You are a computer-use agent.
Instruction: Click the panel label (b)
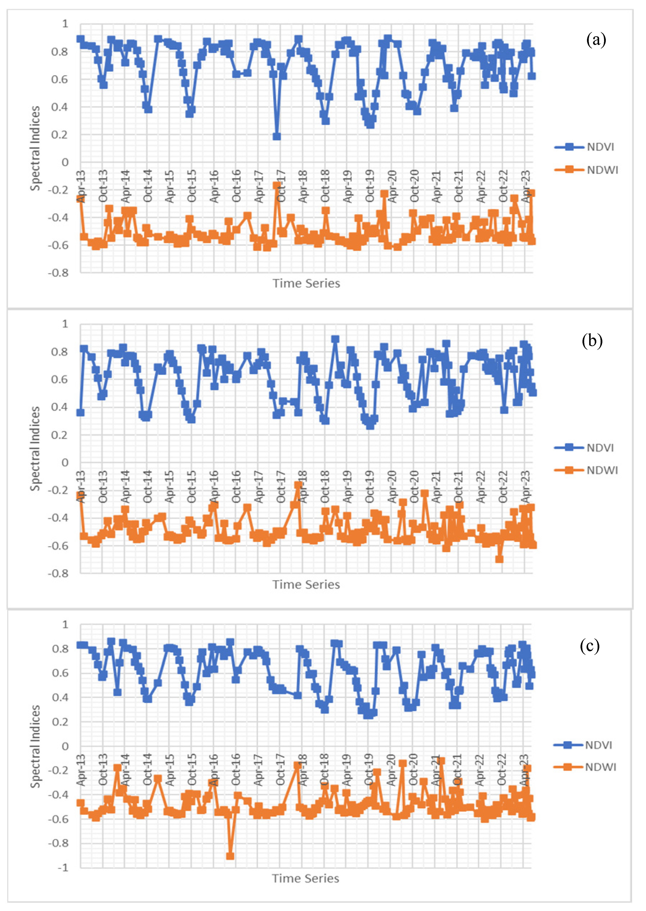[592, 341]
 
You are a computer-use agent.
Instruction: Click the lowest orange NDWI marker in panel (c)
[230, 856]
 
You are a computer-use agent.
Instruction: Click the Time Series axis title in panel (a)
[306, 283]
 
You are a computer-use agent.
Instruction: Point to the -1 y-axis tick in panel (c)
[63, 868]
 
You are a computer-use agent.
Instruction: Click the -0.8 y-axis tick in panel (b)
[58, 573]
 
